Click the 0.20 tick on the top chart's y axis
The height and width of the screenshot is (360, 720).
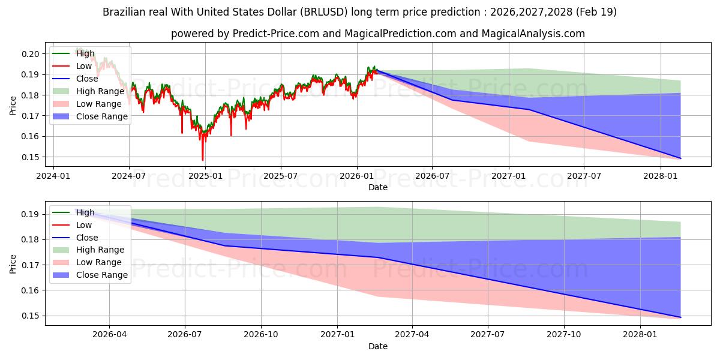click(30, 54)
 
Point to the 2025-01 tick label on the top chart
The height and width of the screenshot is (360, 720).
click(205, 176)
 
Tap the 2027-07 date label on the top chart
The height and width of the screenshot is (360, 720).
click(584, 176)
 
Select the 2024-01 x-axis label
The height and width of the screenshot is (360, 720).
click(53, 176)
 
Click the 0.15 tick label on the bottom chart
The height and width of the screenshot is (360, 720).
click(30, 316)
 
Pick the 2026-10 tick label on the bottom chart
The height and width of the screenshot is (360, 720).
click(260, 335)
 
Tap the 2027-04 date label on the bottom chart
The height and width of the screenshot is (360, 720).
click(412, 335)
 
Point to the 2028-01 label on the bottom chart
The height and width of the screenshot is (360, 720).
click(640, 335)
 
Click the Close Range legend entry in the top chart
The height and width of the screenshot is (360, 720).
click(90, 116)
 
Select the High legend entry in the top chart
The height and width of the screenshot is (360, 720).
click(73, 53)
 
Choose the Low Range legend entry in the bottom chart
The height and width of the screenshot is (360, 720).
click(87, 262)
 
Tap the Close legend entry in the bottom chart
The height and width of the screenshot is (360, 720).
click(75, 238)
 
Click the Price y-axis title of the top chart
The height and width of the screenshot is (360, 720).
click(13, 106)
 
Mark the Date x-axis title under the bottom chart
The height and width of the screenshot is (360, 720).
click(377, 346)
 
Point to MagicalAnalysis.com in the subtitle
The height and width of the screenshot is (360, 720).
click(533, 34)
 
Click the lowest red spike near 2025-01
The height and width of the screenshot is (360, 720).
click(203, 160)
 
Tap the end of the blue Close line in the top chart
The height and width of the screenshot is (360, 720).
click(680, 158)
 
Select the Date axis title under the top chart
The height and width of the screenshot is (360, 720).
click(377, 187)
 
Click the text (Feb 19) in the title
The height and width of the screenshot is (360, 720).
click(596, 12)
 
